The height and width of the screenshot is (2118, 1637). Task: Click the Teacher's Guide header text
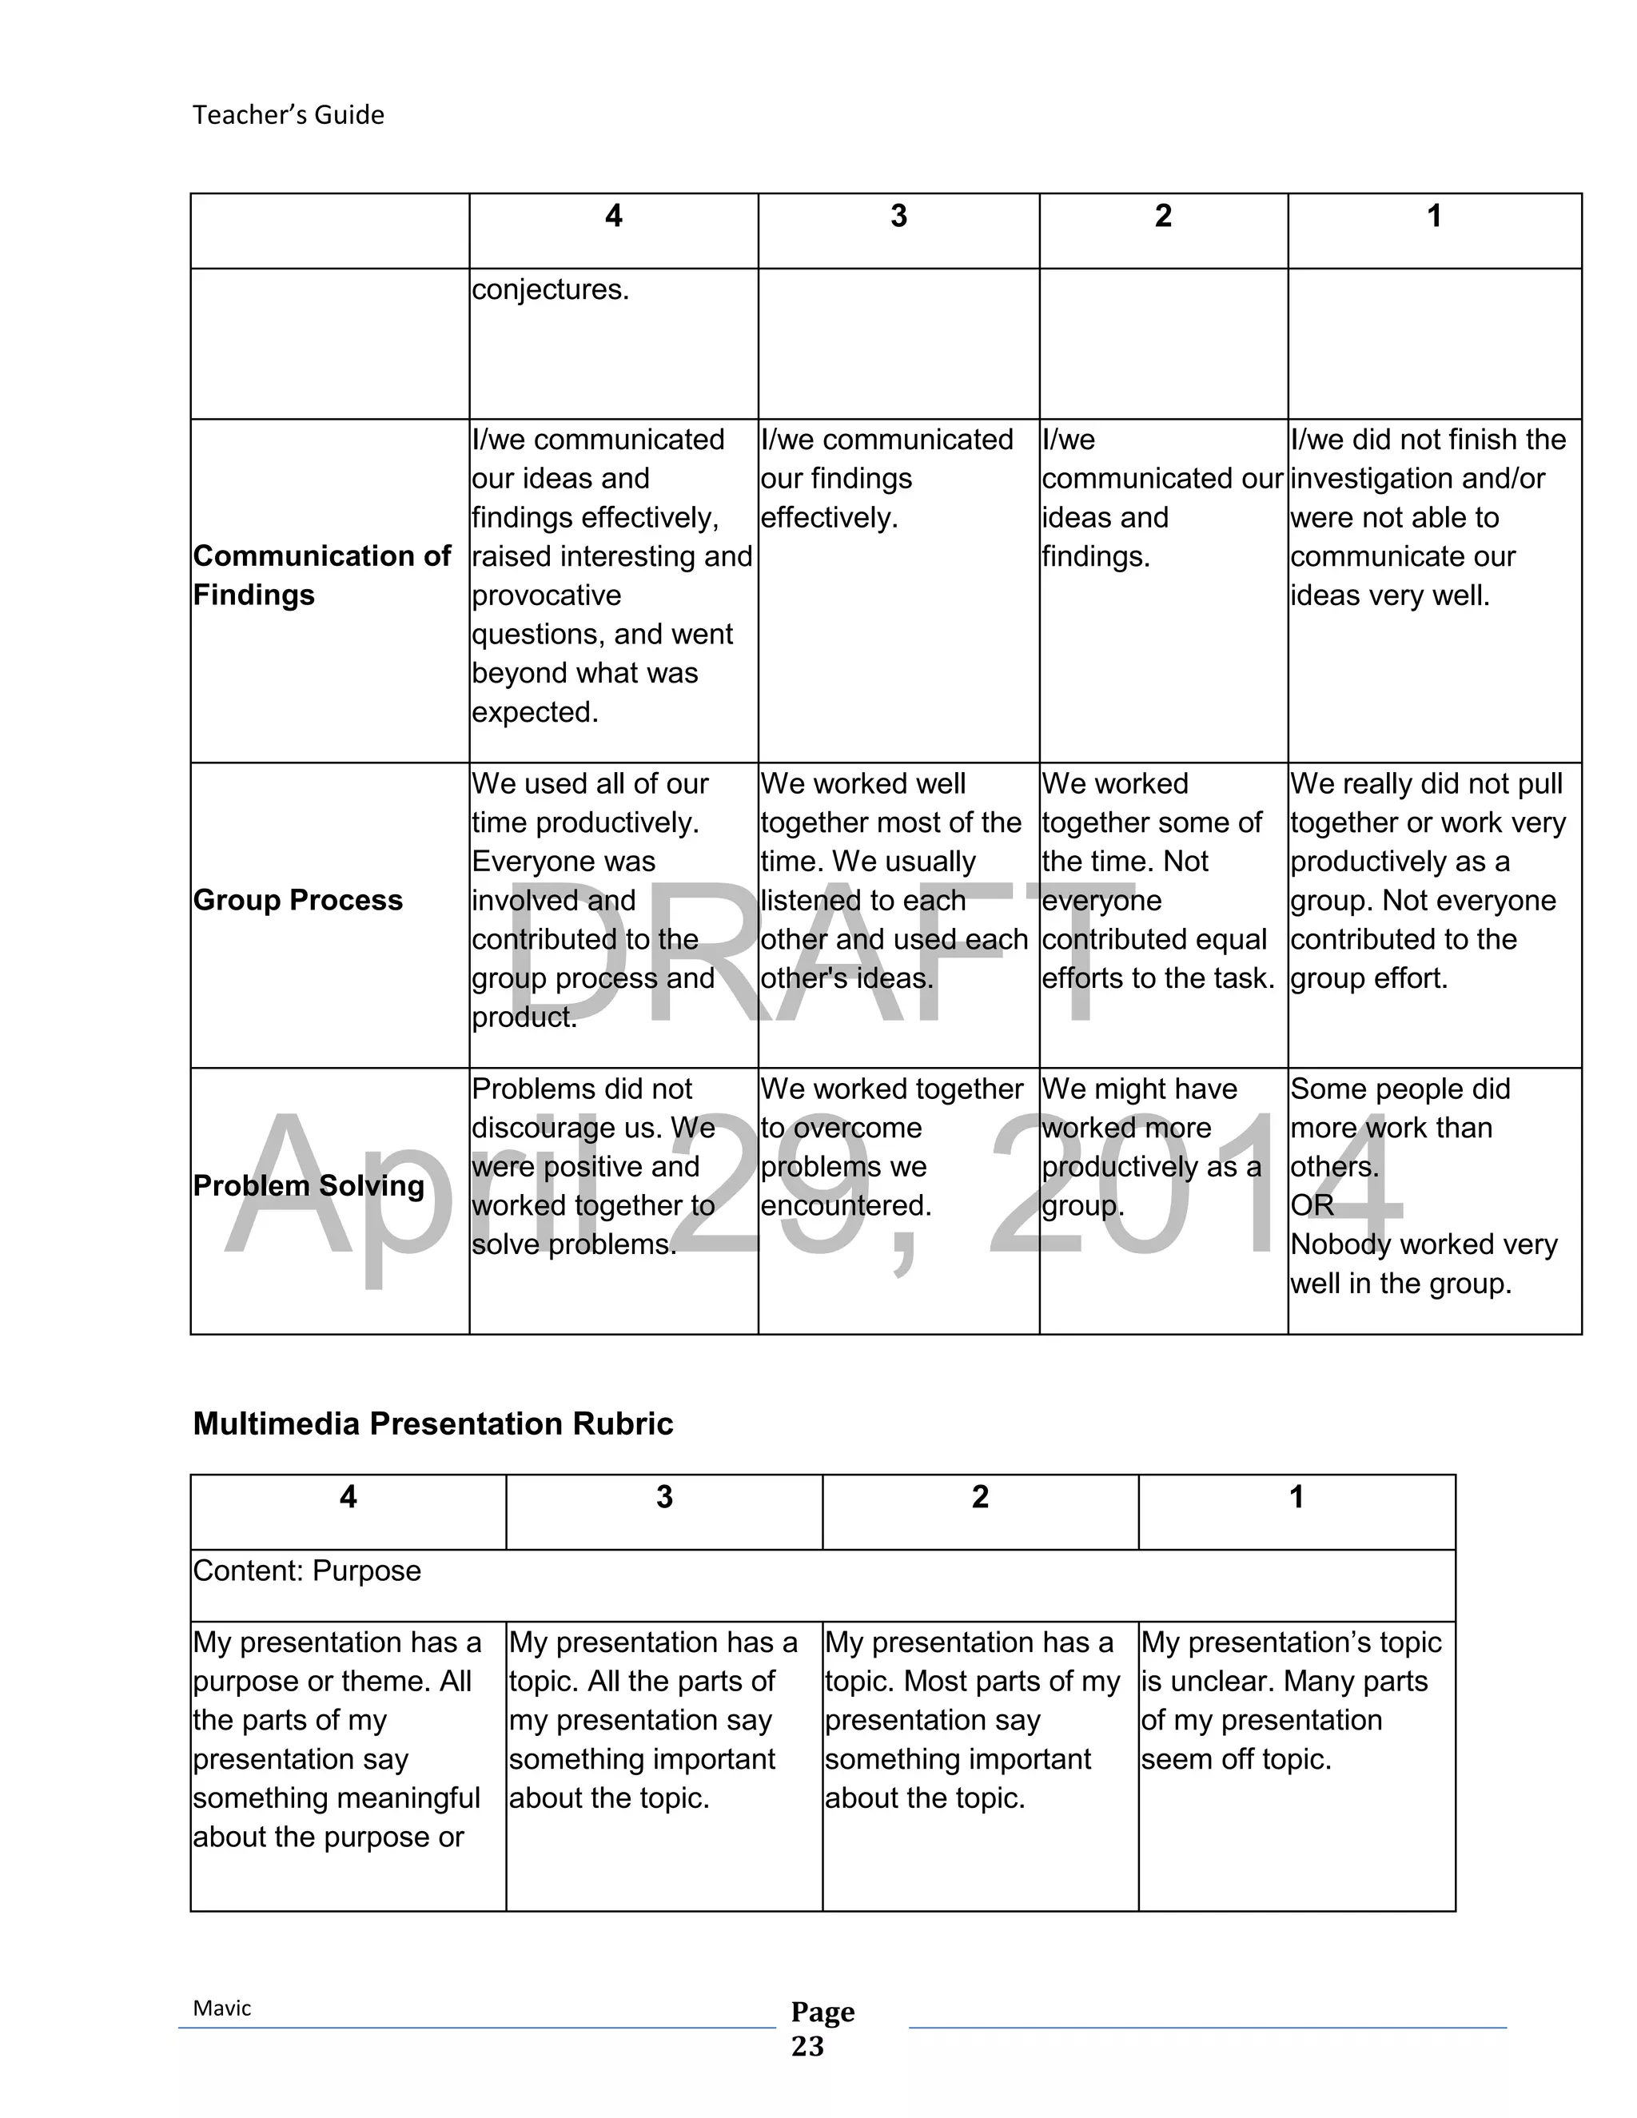click(288, 115)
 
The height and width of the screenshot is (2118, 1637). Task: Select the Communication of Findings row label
click(321, 575)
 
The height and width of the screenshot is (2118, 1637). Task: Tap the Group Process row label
click(297, 900)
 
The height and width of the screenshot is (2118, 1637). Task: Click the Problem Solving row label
click(309, 1185)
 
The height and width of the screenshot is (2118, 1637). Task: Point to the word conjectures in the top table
click(550, 290)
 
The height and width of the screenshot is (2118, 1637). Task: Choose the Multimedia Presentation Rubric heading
click(432, 1423)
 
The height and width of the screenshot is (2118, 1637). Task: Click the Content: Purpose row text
click(306, 1571)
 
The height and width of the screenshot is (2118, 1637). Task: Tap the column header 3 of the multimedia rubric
click(664, 1497)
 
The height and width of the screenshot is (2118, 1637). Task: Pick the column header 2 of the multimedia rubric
click(979, 1497)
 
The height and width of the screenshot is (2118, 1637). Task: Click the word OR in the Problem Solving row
click(1311, 1205)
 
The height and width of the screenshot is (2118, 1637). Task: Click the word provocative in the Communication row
click(546, 595)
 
